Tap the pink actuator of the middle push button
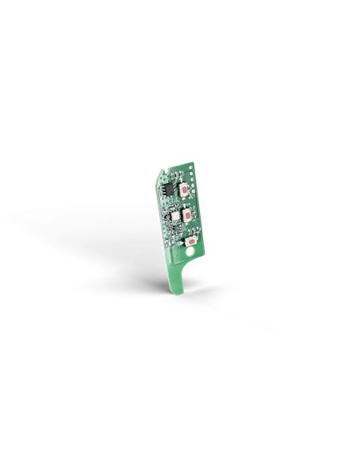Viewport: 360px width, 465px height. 186,215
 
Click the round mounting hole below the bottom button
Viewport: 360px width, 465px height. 191,254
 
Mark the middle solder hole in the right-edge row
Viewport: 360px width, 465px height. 194,190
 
